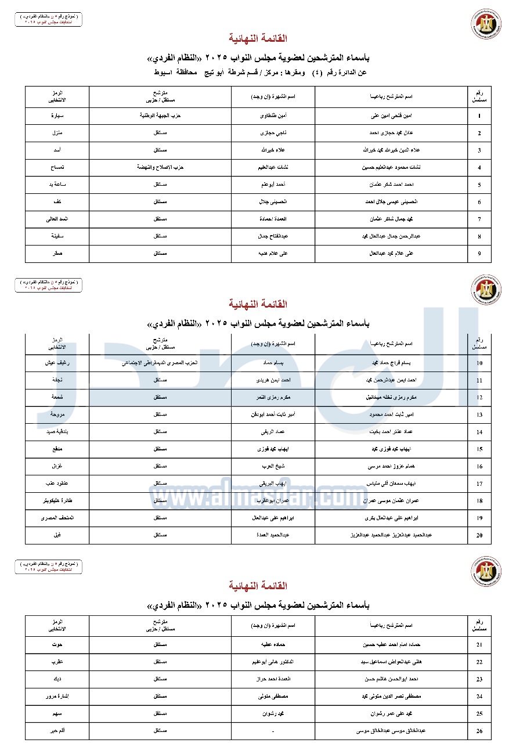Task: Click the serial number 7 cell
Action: [x=479, y=219]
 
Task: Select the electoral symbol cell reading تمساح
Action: [x=57, y=167]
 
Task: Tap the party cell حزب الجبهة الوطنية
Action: [x=160, y=116]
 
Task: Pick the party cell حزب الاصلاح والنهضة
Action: [x=160, y=167]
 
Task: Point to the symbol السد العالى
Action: [x=57, y=219]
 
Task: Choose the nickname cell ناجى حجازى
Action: [x=273, y=133]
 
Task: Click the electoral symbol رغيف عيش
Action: [x=57, y=363]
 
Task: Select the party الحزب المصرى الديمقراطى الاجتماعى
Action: [x=160, y=363]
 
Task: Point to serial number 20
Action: [x=479, y=535]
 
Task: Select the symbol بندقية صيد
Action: [x=57, y=432]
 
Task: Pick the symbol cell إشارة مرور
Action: [x=57, y=696]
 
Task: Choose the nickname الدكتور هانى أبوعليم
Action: [x=273, y=662]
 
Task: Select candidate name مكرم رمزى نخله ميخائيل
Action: [x=392, y=398]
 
